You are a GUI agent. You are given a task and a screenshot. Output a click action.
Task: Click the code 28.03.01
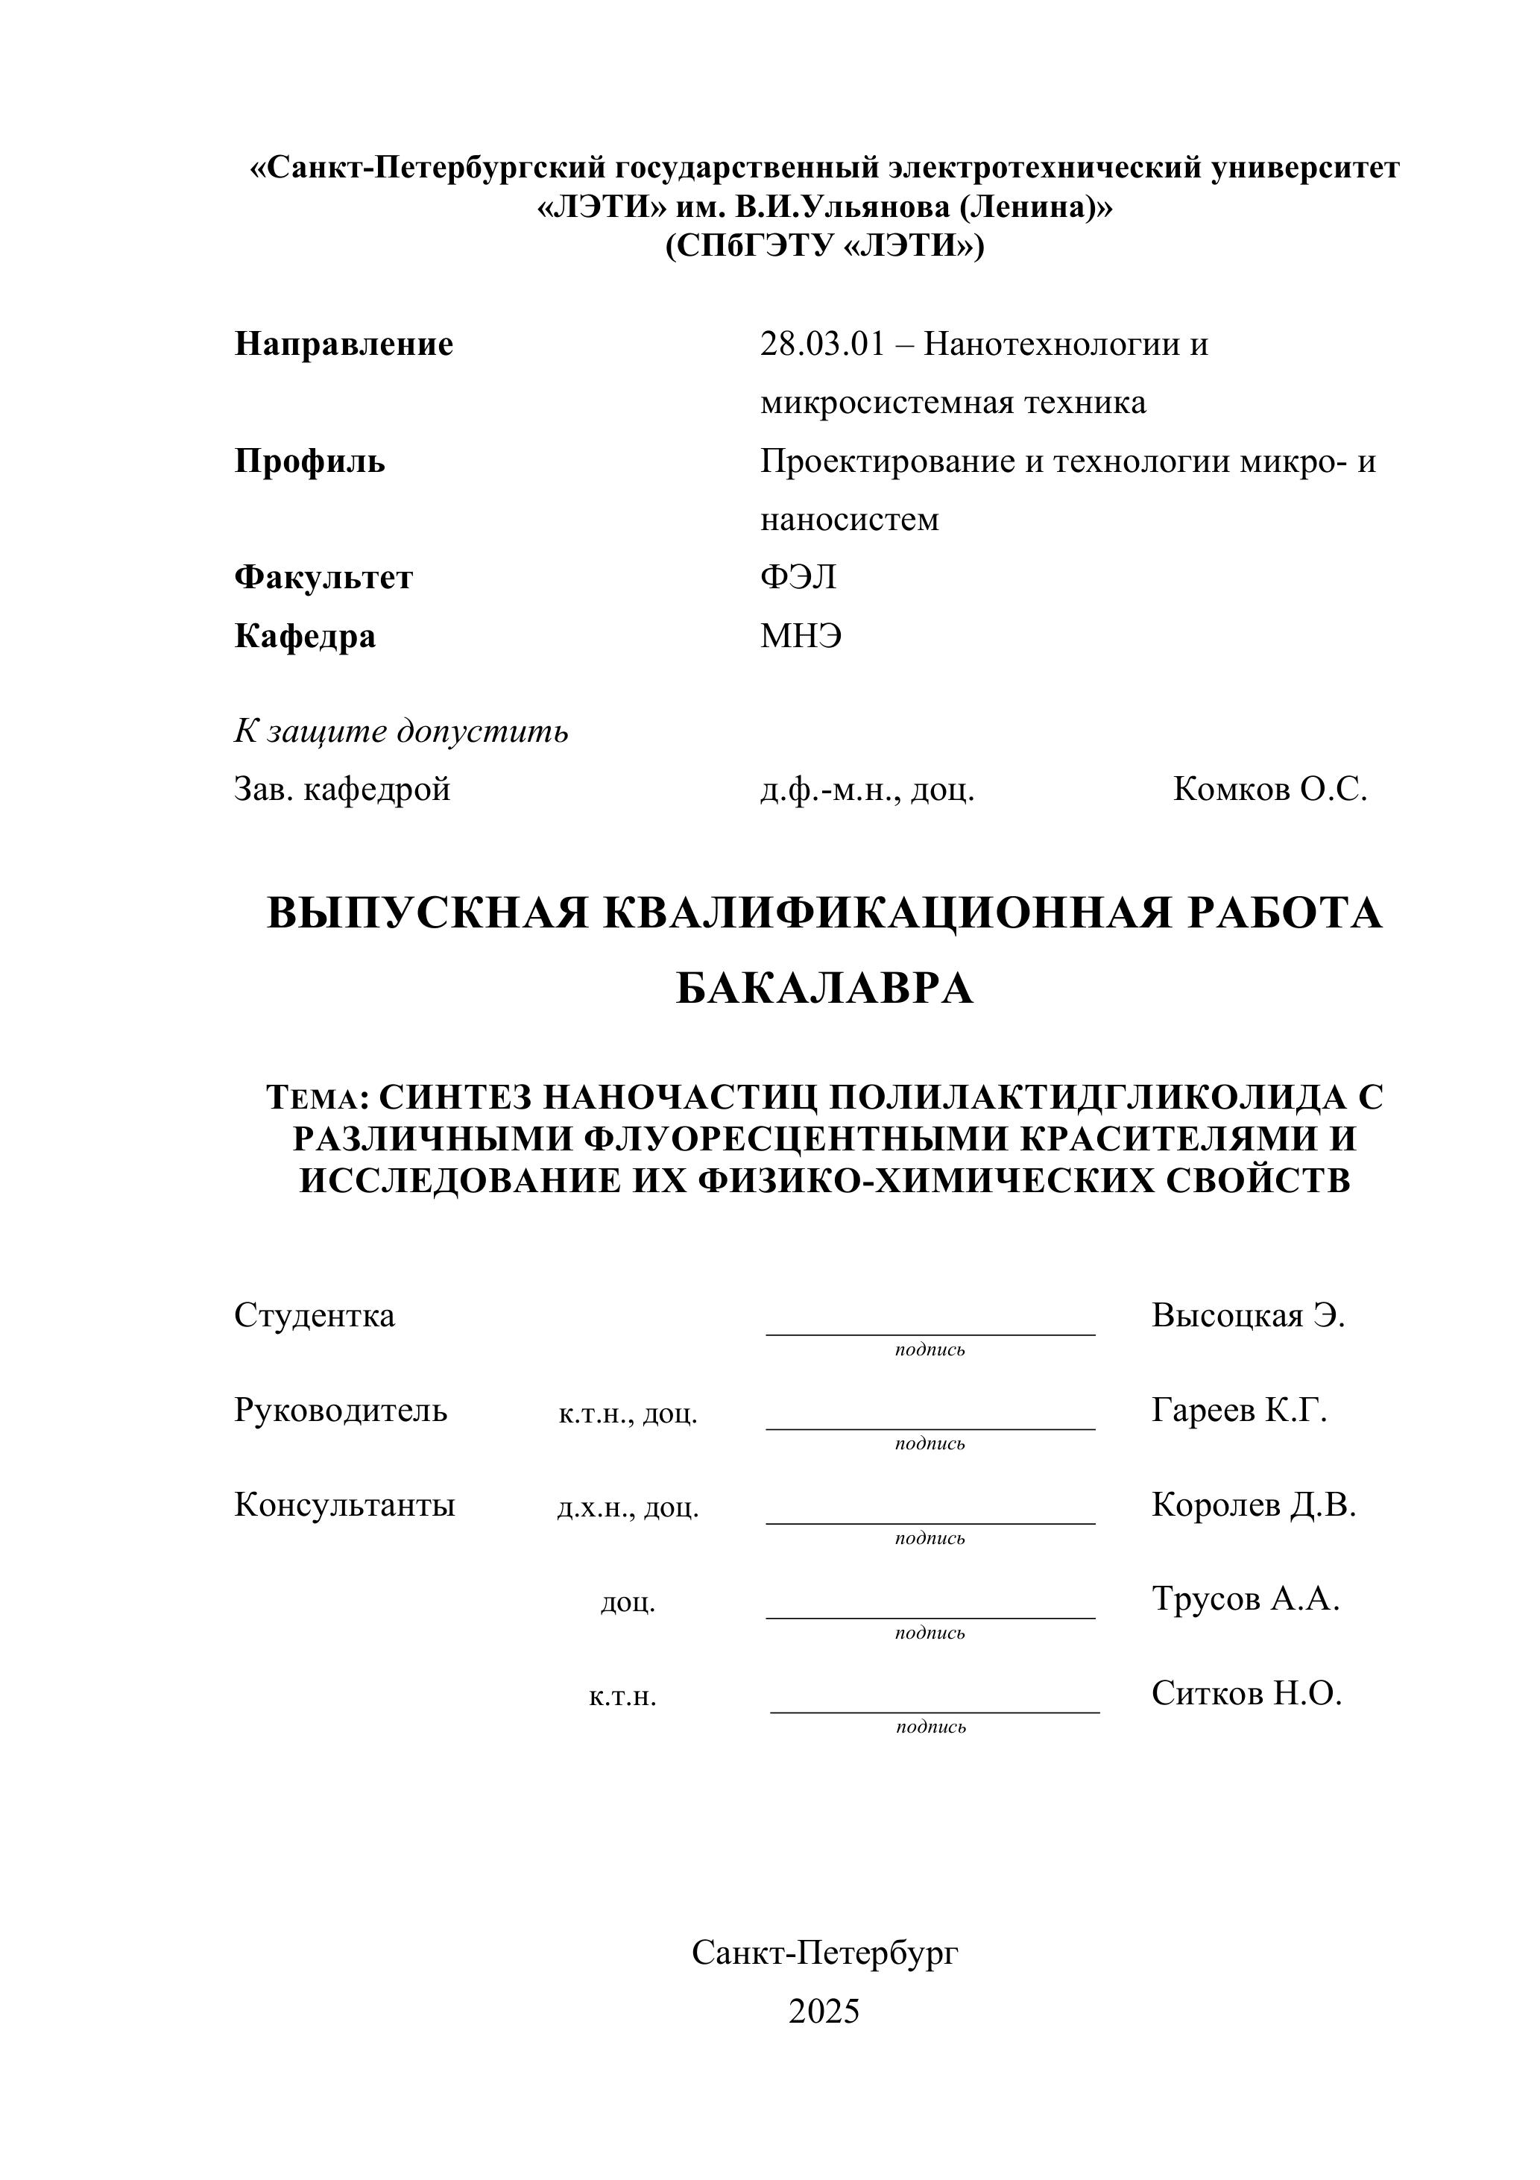click(821, 344)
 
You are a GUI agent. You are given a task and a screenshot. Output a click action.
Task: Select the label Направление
click(344, 344)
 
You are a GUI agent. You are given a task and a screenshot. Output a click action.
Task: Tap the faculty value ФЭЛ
click(798, 577)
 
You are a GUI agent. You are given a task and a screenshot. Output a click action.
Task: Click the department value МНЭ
click(801, 635)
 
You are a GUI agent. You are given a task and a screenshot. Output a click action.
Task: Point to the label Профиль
click(309, 461)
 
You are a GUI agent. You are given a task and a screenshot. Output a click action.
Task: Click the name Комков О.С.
click(1269, 789)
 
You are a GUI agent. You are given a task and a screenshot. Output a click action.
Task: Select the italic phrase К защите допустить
click(401, 731)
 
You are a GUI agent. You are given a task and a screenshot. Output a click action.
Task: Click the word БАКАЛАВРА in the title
click(824, 989)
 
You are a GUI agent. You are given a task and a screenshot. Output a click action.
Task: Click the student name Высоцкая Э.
click(1248, 1315)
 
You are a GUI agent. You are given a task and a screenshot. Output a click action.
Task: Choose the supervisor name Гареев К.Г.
click(1238, 1410)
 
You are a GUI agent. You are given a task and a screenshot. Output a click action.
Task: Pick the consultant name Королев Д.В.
click(1253, 1504)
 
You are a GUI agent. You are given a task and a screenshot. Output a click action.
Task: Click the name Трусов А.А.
click(1245, 1599)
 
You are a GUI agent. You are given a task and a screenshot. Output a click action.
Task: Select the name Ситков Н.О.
click(1246, 1693)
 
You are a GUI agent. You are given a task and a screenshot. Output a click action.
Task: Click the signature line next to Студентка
click(930, 1333)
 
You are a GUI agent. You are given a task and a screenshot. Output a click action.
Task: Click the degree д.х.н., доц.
click(628, 1507)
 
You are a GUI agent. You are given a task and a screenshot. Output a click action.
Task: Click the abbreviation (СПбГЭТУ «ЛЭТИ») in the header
click(824, 247)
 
